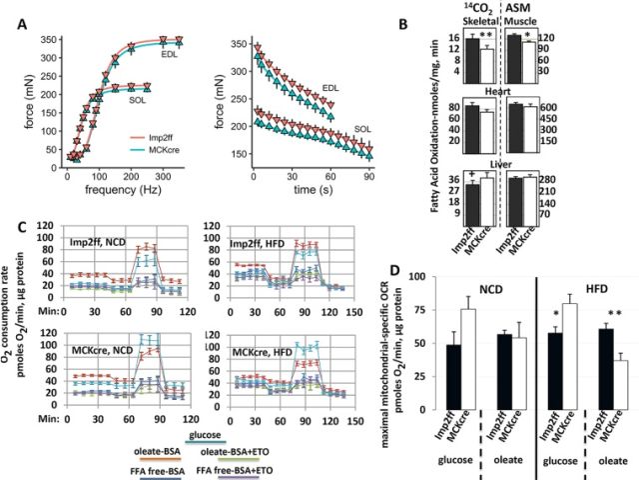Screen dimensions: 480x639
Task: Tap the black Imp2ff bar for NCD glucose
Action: click(423, 377)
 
